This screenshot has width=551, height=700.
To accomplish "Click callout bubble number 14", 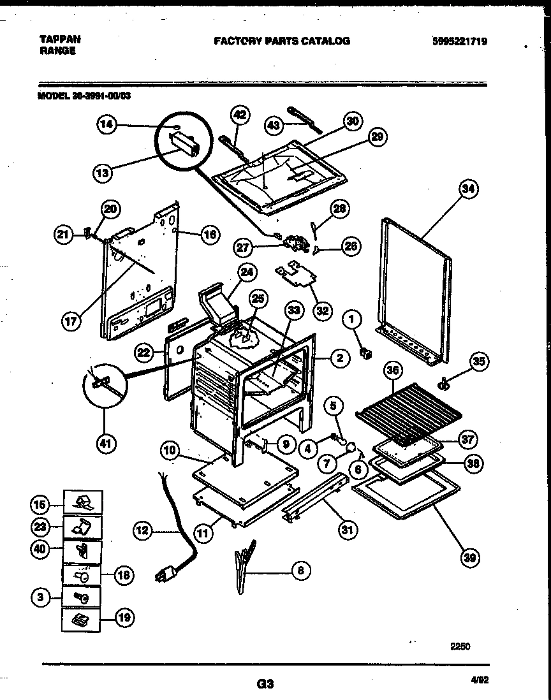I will tap(108, 126).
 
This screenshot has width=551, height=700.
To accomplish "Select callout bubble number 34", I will tap(469, 189).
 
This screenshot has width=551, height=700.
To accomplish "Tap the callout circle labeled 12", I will tap(143, 529).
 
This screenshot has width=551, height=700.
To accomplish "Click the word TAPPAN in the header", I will tap(56, 39).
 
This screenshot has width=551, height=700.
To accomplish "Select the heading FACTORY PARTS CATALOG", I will tap(281, 41).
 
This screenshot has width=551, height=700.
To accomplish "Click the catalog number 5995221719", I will tap(459, 41).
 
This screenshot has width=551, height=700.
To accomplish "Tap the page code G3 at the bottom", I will tap(265, 684).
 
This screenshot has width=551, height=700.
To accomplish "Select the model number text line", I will tap(84, 97).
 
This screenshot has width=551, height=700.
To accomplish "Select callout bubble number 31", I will tap(349, 529).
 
